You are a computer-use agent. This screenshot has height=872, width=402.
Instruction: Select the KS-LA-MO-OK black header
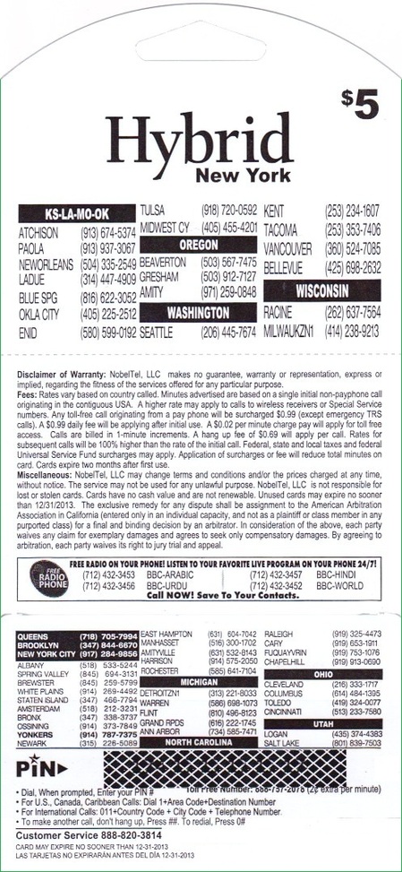point(77,214)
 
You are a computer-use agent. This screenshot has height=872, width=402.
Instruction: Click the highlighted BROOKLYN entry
point(41,644)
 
